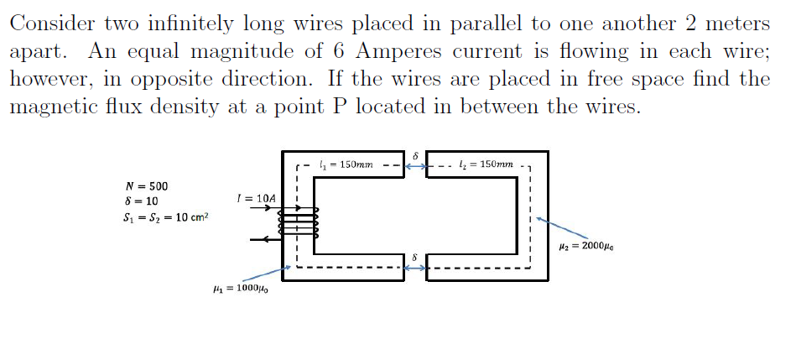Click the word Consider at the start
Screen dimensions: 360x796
click(x=49, y=23)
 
